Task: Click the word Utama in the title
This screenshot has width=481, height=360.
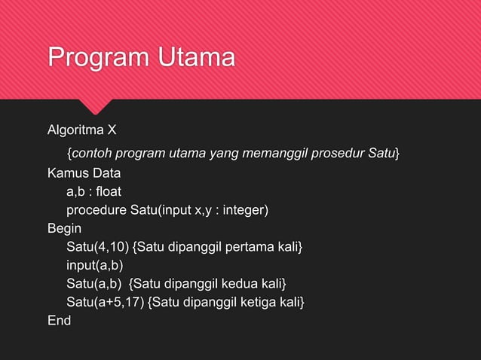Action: point(193,57)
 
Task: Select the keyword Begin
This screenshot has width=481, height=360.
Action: point(64,227)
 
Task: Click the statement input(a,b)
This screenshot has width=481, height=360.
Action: point(94,265)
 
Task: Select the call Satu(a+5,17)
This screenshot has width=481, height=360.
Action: point(106,302)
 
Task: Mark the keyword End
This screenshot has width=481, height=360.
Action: point(59,321)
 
